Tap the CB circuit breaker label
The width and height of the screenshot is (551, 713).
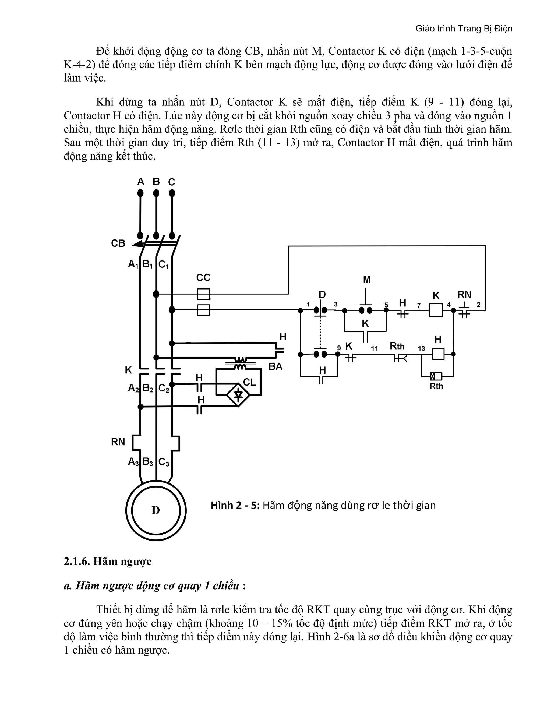[118, 243]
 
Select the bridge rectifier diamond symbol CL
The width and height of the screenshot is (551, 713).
[238, 395]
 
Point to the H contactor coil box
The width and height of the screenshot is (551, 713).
[438, 354]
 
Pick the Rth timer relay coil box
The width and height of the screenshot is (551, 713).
[436, 376]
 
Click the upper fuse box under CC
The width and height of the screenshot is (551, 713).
[203, 294]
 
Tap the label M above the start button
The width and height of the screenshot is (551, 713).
[367, 280]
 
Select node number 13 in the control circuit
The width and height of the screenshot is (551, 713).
[421, 349]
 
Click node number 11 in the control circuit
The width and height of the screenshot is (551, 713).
[375, 349]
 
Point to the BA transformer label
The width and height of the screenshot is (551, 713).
[275, 367]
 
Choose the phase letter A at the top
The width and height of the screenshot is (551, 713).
[140, 182]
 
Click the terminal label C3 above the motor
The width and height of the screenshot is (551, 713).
[164, 462]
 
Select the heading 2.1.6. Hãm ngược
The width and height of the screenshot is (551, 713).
[107, 562]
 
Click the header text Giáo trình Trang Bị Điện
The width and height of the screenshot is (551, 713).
[464, 29]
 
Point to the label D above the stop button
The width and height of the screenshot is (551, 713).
[322, 295]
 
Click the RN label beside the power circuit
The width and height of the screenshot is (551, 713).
[118, 442]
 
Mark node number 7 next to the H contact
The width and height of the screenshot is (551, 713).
[419, 306]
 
